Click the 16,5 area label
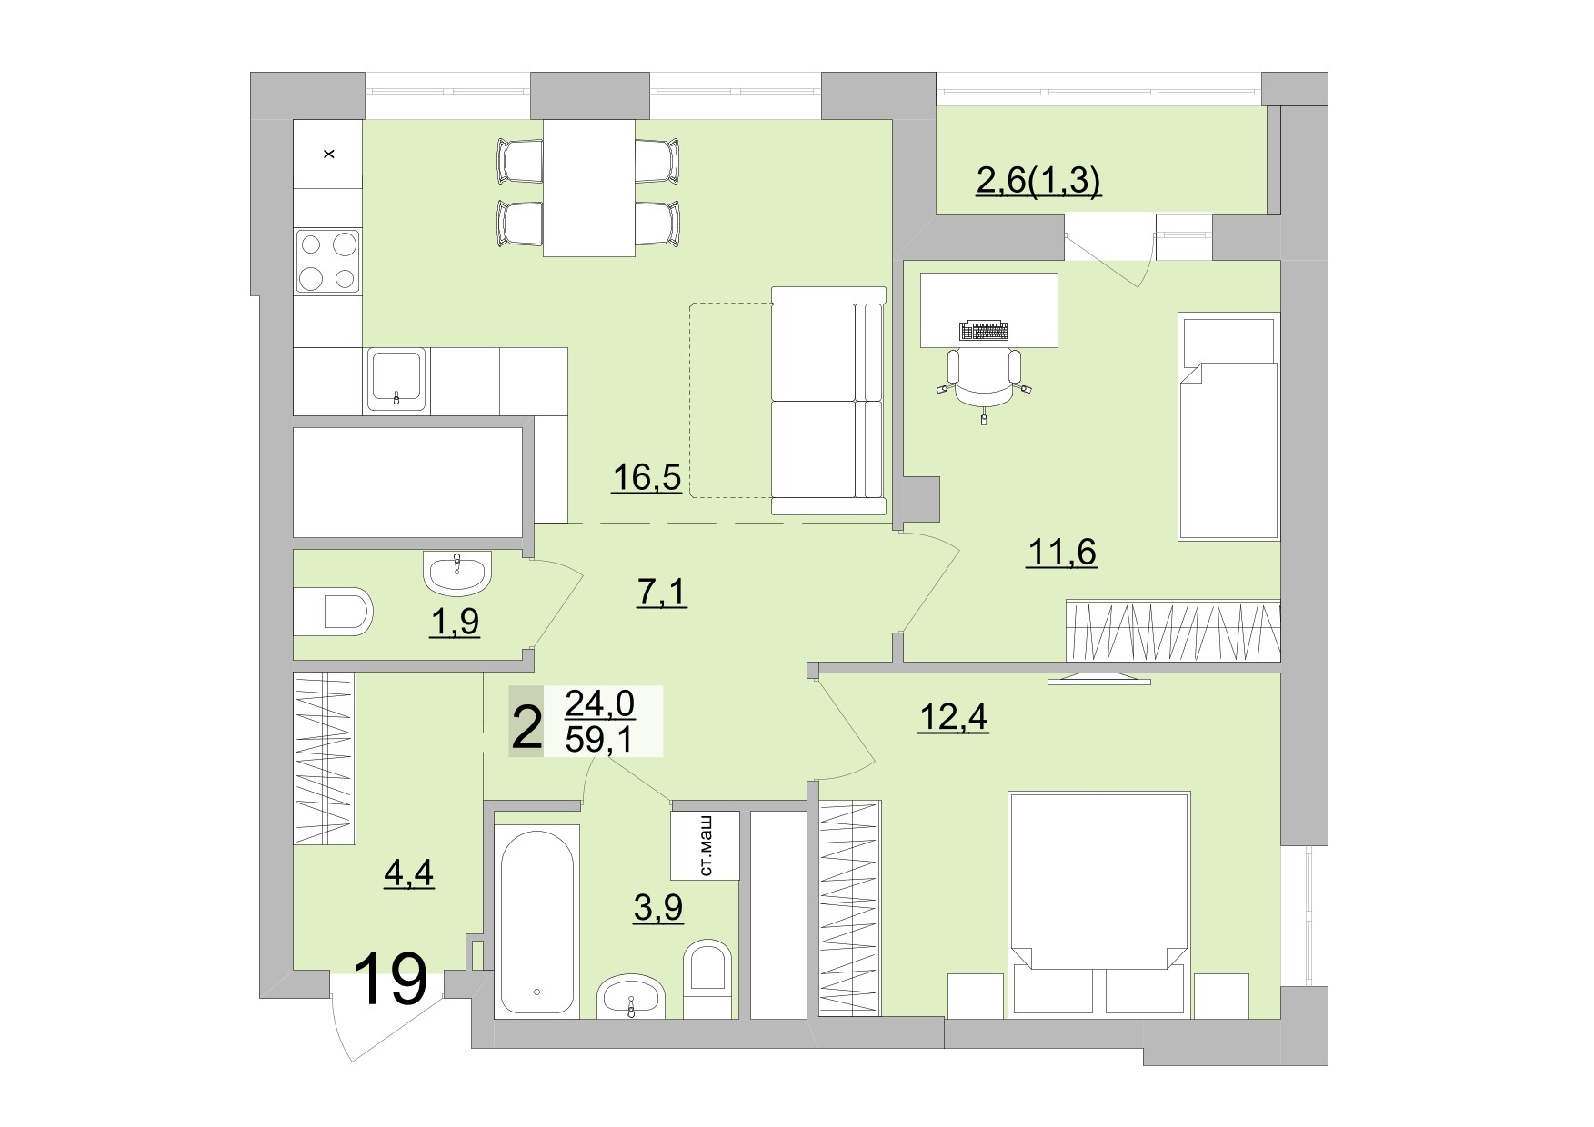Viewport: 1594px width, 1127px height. pos(646,476)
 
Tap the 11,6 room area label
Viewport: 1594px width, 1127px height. pos(1061,551)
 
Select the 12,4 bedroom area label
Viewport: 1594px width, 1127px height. pos(953,718)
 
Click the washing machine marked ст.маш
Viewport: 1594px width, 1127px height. pos(705,845)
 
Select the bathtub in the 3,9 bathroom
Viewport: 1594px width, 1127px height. pos(536,923)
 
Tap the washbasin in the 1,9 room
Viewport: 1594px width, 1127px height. pos(456,573)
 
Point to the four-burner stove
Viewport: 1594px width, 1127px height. pos(327,261)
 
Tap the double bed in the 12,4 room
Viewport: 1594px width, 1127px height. pos(1098,900)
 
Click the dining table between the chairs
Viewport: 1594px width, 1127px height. pos(588,187)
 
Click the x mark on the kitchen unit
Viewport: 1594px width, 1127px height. pos(329,155)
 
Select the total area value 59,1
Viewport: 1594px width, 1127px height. pos(600,740)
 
